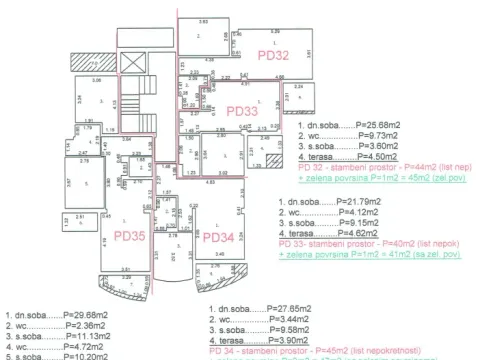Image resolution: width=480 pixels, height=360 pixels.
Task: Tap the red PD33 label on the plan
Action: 241,112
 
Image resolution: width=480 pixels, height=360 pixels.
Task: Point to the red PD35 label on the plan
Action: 129,236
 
